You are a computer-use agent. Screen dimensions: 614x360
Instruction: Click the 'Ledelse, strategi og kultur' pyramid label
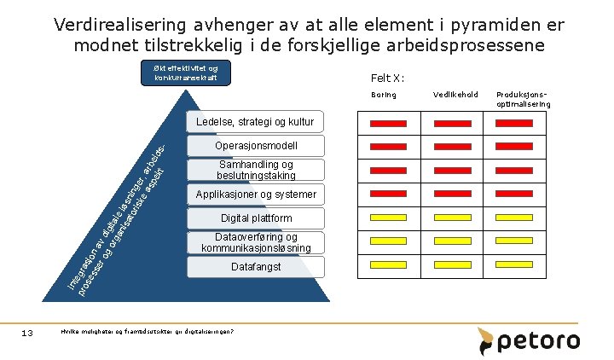[x=257, y=122]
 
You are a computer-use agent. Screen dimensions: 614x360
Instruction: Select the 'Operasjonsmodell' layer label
[x=257, y=146]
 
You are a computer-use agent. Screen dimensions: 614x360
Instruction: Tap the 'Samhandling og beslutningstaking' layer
[x=256, y=170]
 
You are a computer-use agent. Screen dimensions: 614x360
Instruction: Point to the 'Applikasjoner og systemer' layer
[x=256, y=195]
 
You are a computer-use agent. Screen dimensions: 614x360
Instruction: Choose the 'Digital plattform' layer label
[x=256, y=218]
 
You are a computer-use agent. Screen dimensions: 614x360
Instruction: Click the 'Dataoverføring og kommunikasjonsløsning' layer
[x=256, y=242]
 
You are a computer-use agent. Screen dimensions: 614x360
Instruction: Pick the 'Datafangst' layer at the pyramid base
[x=256, y=267]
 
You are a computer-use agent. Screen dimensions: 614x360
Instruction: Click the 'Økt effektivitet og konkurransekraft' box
[x=186, y=73]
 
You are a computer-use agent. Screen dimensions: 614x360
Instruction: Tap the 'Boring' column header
[x=384, y=95]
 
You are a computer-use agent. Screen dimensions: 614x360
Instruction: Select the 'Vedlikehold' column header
[x=450, y=95]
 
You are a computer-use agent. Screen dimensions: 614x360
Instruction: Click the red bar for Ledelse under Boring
[x=387, y=124]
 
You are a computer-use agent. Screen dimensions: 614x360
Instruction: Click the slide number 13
[x=26, y=333]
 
